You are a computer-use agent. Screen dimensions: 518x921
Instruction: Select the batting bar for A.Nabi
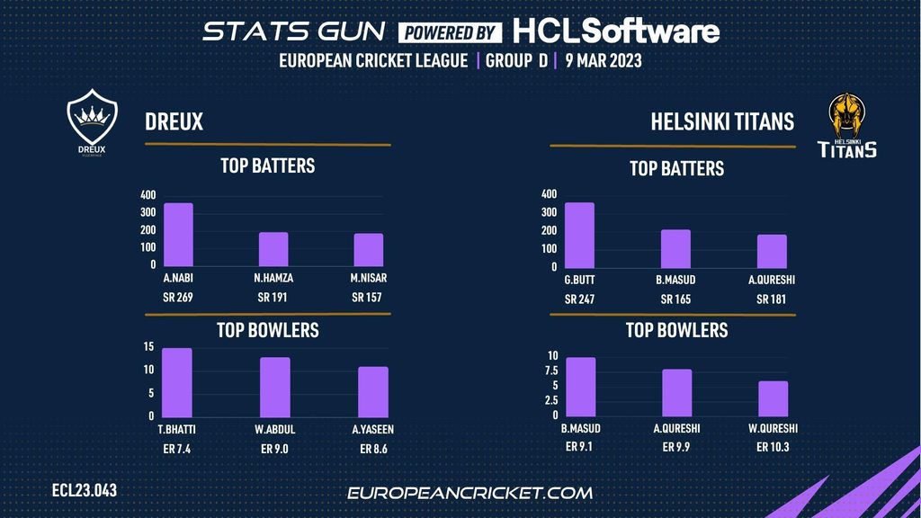click(178, 234)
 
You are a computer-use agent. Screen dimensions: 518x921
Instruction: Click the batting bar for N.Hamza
click(274, 249)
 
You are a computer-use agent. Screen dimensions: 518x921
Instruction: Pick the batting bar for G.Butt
click(579, 235)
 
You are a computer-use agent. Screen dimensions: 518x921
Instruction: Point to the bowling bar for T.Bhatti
click(178, 382)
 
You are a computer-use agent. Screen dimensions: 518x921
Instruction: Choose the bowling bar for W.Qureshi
click(773, 398)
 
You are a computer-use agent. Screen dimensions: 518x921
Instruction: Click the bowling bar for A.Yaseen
click(373, 391)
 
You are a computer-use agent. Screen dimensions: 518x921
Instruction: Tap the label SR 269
click(177, 298)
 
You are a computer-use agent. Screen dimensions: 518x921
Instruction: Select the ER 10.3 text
click(773, 447)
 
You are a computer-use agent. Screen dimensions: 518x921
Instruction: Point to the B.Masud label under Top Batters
click(675, 280)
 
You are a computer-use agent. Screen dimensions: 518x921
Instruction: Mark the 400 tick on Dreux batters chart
click(148, 195)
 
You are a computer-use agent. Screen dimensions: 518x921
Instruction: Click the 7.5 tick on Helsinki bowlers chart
click(551, 371)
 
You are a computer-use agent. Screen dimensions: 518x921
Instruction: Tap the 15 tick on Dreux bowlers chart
click(148, 347)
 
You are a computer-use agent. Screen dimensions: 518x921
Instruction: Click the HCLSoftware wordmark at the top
click(616, 32)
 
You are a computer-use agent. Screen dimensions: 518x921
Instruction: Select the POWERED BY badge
click(451, 33)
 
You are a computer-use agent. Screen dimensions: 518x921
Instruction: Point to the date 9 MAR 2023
click(603, 61)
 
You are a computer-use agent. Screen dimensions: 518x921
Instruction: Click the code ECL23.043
click(85, 491)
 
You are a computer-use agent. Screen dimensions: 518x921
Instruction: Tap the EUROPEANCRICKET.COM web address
click(469, 493)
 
